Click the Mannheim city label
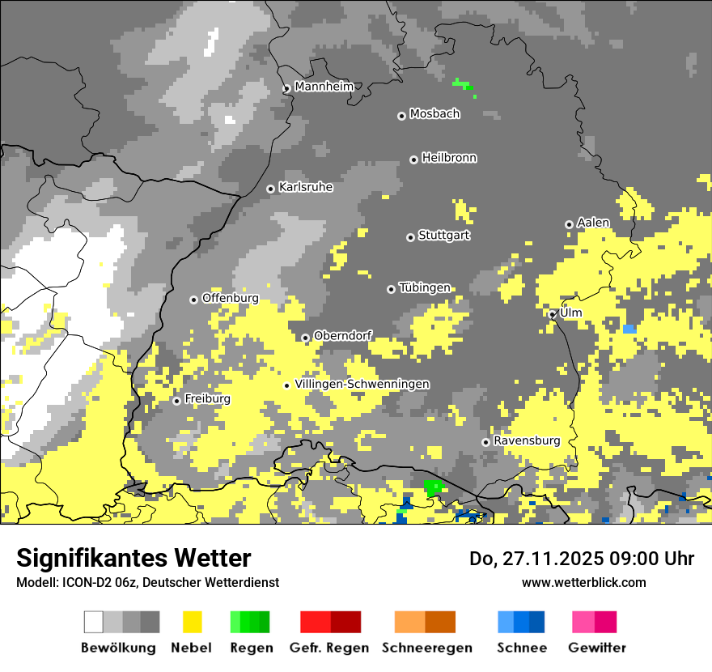(324, 87)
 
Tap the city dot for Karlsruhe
(271, 189)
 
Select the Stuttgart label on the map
(443, 236)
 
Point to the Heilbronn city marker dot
(413, 159)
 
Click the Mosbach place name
(434, 114)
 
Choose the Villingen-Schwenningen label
(362, 384)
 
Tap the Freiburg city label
(207, 399)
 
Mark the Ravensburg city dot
(485, 442)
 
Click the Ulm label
(570, 313)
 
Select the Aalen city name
(593, 223)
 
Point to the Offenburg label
(230, 298)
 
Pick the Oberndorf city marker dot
(305, 338)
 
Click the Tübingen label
(424, 287)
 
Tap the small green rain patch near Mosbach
(463, 84)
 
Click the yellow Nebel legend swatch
(193, 622)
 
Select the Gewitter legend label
(597, 648)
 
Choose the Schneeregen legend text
(427, 648)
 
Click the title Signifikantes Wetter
(133, 558)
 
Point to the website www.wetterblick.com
(583, 582)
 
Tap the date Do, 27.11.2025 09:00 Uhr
(581, 559)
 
